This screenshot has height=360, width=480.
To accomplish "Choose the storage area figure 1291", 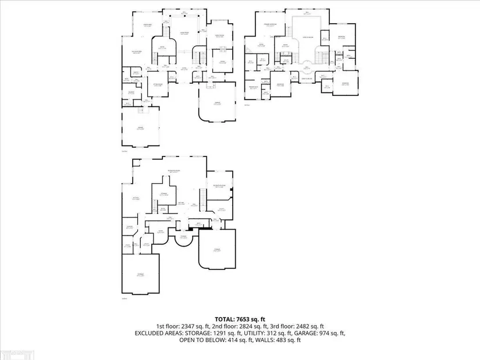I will coord(219,333).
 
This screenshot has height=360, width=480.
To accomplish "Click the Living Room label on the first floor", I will coord(185,34).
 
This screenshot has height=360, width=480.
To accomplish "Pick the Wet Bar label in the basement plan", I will coord(182,202).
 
